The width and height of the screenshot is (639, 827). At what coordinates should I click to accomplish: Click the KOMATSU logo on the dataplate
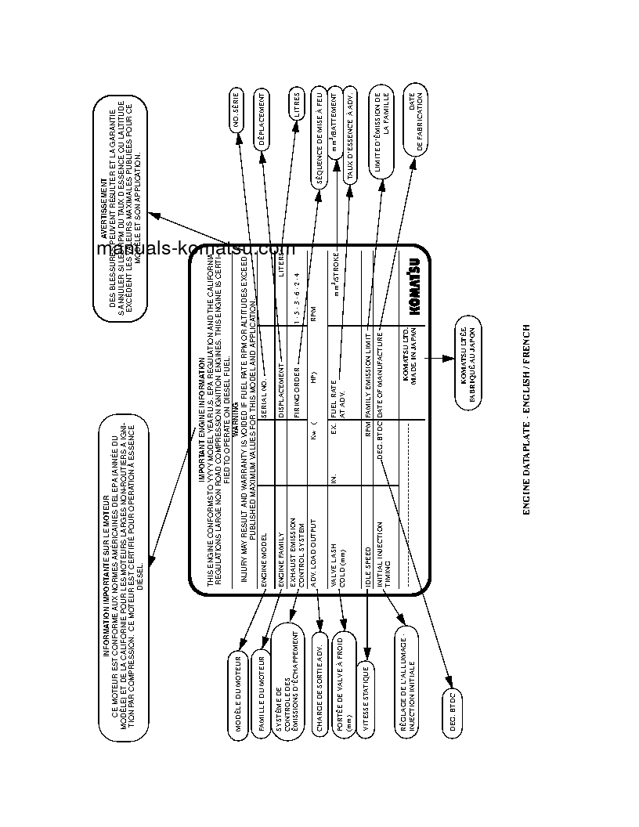(x=413, y=287)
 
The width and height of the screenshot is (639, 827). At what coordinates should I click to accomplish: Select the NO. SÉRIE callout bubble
(x=239, y=111)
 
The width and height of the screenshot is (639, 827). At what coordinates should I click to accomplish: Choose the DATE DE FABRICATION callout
(x=415, y=121)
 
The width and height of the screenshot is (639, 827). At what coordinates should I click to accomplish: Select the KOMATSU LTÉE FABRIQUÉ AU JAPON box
(x=468, y=365)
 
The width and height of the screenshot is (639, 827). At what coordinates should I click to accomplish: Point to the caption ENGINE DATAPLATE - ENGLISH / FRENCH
(x=526, y=420)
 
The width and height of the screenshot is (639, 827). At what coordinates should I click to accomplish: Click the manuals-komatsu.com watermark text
(x=195, y=249)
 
